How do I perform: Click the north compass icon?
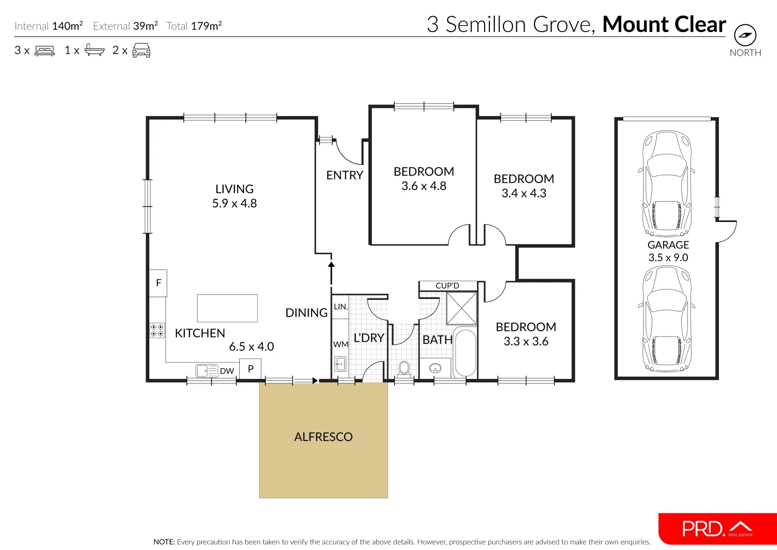click(745, 36)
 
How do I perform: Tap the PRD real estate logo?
click(717, 529)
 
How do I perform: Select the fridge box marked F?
click(158, 283)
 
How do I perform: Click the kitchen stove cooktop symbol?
click(157, 331)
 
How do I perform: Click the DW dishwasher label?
click(227, 371)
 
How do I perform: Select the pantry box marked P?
click(251, 369)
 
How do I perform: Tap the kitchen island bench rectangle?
click(227, 308)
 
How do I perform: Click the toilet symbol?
click(404, 368)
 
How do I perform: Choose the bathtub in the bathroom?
click(464, 352)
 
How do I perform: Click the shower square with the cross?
click(461, 308)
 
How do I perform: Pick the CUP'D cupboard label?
click(448, 286)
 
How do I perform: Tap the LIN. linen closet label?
click(341, 307)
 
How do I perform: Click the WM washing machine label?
click(341, 344)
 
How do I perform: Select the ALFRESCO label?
click(323, 437)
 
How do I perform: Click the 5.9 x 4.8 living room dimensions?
click(234, 203)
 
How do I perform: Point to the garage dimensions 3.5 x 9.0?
click(668, 258)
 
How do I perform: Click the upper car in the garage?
click(667, 182)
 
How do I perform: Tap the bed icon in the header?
click(45, 51)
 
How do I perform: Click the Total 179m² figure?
click(194, 26)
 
